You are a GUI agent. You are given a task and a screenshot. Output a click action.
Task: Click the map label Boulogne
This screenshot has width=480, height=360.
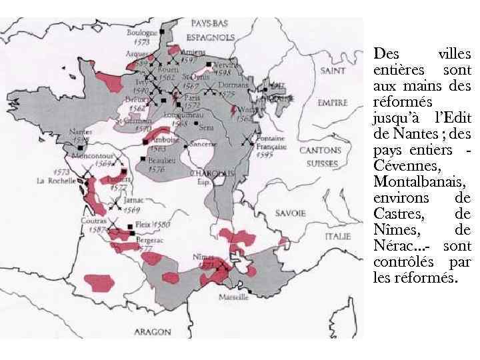(143, 32)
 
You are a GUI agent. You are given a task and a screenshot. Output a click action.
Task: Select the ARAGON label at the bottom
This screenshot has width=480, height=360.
(153, 331)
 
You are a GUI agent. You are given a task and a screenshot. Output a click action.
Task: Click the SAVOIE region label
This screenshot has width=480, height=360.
(289, 213)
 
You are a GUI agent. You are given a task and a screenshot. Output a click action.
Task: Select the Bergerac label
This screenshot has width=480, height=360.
(149, 239)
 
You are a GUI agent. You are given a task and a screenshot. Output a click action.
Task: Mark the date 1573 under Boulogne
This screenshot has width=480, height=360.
(141, 41)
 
